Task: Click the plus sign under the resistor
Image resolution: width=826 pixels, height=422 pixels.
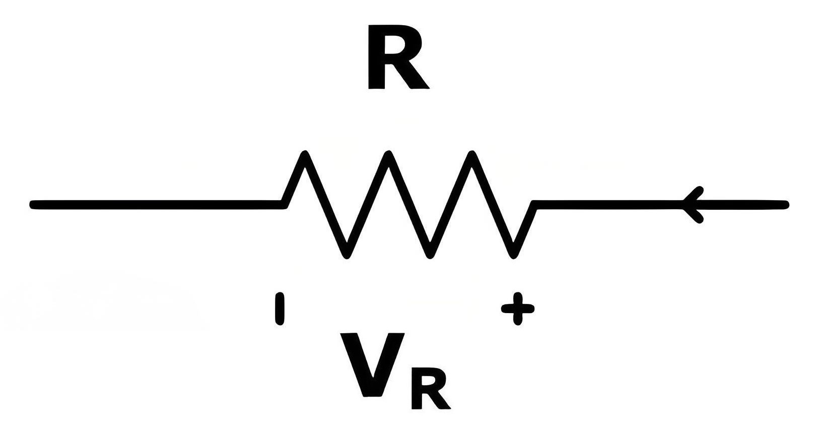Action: point(518,309)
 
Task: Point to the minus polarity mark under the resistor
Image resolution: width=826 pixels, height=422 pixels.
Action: point(280,309)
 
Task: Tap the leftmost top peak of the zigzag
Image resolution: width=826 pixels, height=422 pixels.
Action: point(305,153)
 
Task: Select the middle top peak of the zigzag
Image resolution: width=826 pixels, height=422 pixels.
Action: point(387,153)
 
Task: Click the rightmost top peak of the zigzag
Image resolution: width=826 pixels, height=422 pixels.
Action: point(470,153)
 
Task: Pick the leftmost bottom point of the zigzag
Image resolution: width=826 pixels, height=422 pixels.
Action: point(346,256)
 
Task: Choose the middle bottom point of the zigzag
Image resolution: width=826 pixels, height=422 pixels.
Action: point(429,256)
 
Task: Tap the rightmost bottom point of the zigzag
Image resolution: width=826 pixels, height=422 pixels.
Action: point(512,256)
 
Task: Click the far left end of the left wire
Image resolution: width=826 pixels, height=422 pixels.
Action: point(31,205)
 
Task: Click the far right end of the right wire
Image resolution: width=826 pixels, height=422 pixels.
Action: point(787,205)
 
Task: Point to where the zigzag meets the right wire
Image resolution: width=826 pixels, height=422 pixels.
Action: point(533,205)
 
